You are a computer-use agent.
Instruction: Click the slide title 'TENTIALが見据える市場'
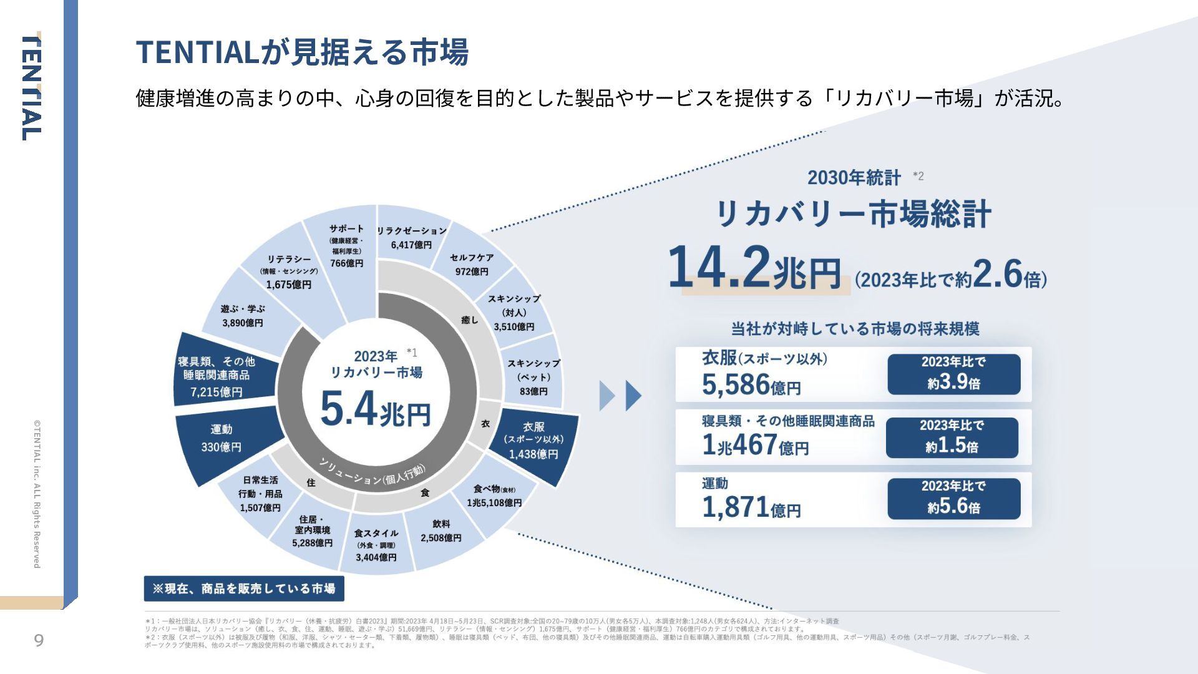(x=302, y=52)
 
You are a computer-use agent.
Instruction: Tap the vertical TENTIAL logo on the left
(x=32, y=88)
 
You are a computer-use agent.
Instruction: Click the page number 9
(x=39, y=641)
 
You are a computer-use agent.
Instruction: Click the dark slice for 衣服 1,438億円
(x=535, y=441)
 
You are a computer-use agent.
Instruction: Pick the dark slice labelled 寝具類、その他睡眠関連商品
(x=218, y=376)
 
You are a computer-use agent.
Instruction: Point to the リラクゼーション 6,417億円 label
(x=411, y=238)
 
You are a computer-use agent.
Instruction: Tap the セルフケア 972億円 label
(x=472, y=264)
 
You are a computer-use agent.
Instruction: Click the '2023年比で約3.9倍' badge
(x=953, y=374)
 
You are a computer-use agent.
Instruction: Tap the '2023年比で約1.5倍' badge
(x=952, y=437)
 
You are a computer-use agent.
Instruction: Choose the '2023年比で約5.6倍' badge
(x=953, y=498)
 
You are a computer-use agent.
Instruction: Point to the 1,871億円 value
(x=751, y=507)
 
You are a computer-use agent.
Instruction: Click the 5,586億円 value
(x=751, y=384)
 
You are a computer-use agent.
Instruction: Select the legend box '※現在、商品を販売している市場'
(x=244, y=589)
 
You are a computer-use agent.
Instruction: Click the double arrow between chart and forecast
(x=620, y=396)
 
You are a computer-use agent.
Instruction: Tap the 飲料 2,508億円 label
(x=441, y=531)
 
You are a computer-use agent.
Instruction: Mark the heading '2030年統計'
(x=854, y=178)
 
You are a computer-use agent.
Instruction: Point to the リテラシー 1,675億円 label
(x=289, y=272)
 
